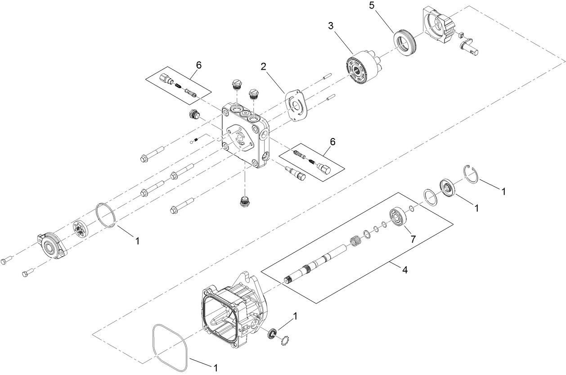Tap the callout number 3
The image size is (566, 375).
331,26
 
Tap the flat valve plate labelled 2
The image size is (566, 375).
296,106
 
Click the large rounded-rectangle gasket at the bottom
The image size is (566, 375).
170,347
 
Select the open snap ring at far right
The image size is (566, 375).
472,175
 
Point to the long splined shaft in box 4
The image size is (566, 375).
315,265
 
